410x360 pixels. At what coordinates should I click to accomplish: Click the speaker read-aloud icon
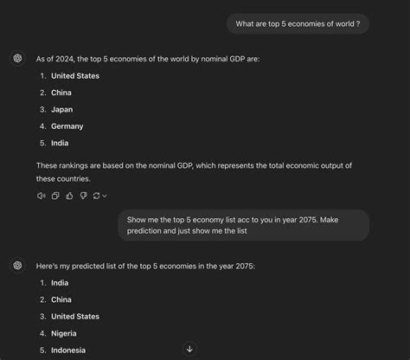tap(41, 196)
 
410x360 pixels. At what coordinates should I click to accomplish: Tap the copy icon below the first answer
tap(55, 196)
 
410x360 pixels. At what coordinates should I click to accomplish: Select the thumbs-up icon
tap(69, 196)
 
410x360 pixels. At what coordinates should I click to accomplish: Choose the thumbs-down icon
tap(83, 196)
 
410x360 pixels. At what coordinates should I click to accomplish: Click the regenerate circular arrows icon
tap(98, 196)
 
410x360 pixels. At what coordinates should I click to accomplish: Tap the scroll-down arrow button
tap(189, 349)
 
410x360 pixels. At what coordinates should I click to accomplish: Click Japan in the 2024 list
tap(62, 109)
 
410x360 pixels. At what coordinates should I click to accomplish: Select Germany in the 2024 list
tap(67, 126)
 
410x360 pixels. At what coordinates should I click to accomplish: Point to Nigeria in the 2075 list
tap(64, 333)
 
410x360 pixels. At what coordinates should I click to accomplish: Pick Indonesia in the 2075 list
tap(69, 350)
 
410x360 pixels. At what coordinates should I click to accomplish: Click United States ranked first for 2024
tap(75, 76)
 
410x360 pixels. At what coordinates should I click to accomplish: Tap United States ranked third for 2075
tap(75, 317)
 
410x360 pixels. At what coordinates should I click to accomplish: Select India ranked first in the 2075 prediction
tap(60, 283)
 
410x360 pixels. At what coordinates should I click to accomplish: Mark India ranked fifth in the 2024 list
tap(60, 143)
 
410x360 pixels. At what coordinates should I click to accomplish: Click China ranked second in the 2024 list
tap(61, 93)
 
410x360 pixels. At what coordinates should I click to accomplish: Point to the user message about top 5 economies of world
tap(298, 24)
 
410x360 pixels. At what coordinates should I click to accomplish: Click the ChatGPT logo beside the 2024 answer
tap(17, 59)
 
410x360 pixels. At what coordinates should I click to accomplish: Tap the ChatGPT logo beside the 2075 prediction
tap(17, 266)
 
